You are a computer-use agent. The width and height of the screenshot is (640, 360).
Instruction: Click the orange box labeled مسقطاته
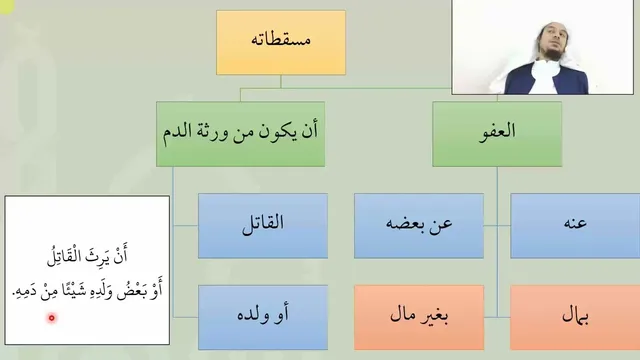point(281,42)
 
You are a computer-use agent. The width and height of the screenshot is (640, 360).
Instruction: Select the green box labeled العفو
point(497,134)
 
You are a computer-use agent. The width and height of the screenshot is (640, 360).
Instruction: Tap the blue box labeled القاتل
point(263,226)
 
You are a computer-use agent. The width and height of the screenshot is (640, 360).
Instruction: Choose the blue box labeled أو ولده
point(263,317)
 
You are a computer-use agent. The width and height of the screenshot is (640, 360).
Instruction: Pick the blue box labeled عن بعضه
point(419,226)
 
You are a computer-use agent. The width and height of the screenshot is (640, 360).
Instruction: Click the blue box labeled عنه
point(575,226)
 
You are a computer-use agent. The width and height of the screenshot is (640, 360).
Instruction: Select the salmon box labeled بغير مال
point(419,317)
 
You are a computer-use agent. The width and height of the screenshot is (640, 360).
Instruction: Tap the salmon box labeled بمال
point(575,317)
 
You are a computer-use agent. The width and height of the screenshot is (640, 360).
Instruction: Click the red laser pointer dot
point(52,318)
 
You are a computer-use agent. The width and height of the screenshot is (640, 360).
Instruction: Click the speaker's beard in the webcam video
point(553,54)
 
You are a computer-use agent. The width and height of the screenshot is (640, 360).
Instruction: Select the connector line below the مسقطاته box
point(281,81)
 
